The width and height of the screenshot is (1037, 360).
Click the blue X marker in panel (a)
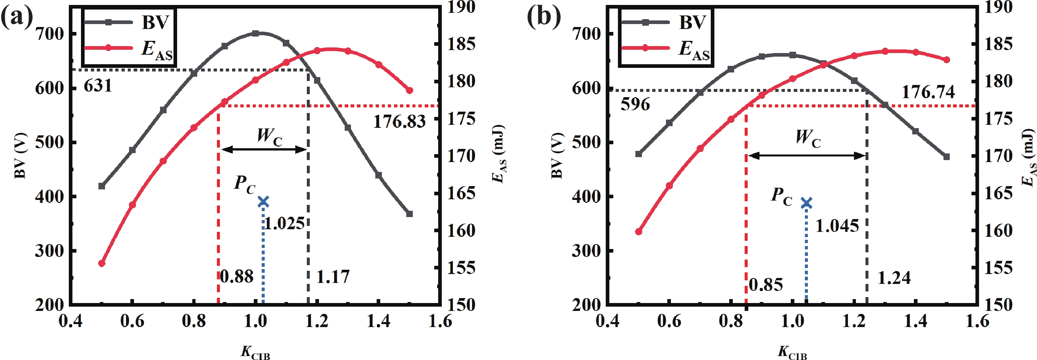(x=263, y=201)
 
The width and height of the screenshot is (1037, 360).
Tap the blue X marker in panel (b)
(x=806, y=203)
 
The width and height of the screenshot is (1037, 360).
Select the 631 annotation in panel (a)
(x=98, y=86)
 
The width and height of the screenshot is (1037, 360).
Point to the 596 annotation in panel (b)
(x=635, y=104)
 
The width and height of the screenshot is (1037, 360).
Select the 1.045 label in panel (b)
(x=837, y=226)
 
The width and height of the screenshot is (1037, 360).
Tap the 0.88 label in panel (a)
(x=237, y=277)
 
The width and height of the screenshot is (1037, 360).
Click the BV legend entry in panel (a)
(x=155, y=22)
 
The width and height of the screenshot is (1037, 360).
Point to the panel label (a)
(x=16, y=18)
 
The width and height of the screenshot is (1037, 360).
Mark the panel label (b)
(x=544, y=18)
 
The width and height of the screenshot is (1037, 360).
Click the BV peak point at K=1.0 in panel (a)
(x=255, y=33)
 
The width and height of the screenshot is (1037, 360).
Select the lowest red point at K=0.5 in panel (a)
(x=102, y=263)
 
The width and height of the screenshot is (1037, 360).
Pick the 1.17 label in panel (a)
(x=333, y=277)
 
